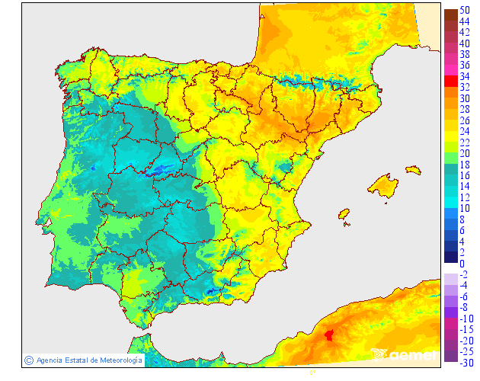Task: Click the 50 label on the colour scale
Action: (x=464, y=10)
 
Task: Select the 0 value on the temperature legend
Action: (x=462, y=264)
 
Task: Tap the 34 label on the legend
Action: (x=464, y=76)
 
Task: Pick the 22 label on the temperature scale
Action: (x=464, y=142)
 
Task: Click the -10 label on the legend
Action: (x=466, y=319)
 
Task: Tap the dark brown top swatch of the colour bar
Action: (x=450, y=14)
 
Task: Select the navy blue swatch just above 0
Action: (x=450, y=257)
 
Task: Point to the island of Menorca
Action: (x=413, y=170)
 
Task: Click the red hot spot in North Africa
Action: (x=329, y=335)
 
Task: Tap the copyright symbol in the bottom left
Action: (x=29, y=360)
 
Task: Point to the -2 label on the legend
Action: (x=464, y=274)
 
